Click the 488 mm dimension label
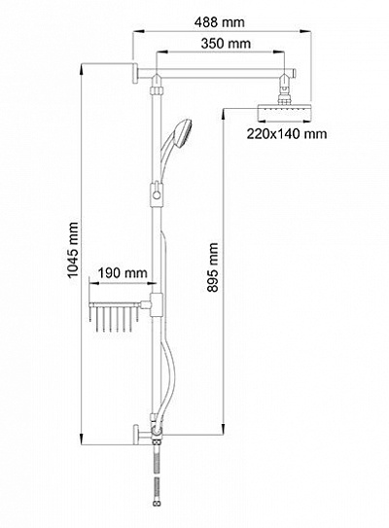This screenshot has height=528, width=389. [220, 21]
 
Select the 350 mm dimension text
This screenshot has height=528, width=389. [222, 43]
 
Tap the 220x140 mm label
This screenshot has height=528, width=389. [285, 134]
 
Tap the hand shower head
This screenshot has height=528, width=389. [181, 129]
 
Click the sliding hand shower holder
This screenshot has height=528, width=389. [157, 194]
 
